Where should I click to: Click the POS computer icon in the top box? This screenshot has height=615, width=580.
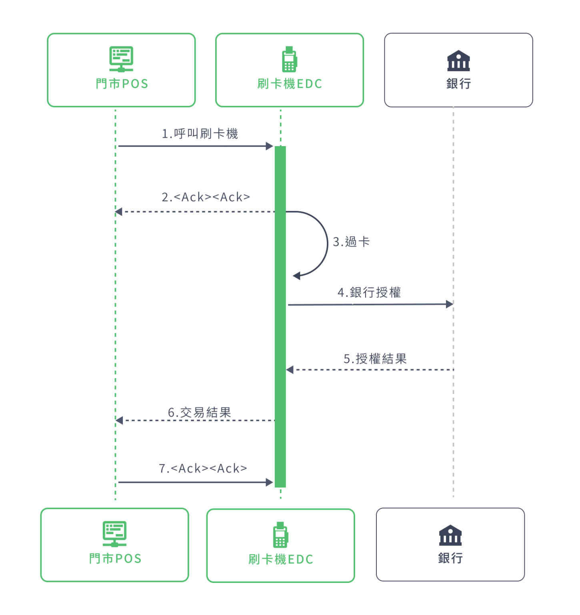click(x=121, y=59)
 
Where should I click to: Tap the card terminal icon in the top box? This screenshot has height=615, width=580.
click(x=289, y=59)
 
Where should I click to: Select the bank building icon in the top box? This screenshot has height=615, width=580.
click(x=458, y=60)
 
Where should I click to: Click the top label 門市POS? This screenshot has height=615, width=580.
click(x=122, y=84)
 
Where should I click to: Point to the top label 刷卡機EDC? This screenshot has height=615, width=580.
click(x=290, y=84)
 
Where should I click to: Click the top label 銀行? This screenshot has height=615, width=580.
click(x=458, y=84)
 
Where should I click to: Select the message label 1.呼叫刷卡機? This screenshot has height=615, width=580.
click(x=200, y=133)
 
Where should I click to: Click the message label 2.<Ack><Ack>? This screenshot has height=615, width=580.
click(x=206, y=197)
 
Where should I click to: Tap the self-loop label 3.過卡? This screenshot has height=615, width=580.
click(x=351, y=242)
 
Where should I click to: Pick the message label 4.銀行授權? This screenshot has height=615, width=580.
click(x=369, y=292)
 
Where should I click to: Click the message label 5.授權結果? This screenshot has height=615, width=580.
click(x=375, y=358)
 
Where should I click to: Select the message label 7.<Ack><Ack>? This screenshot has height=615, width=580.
click(x=203, y=468)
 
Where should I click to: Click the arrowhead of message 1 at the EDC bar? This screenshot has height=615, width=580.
click(x=270, y=146)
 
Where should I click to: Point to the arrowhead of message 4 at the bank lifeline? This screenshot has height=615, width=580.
click(x=449, y=304)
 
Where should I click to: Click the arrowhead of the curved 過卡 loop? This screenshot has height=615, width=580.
click(x=297, y=275)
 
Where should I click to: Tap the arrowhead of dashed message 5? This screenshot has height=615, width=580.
click(x=290, y=370)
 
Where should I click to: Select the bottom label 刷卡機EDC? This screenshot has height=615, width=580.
click(x=281, y=559)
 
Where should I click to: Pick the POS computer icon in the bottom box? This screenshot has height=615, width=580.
click(x=114, y=534)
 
